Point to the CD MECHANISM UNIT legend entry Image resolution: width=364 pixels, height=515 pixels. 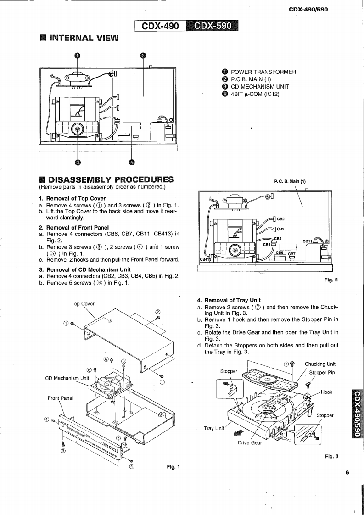pos(260,87)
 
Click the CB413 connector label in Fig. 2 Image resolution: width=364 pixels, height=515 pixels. pos(205,259)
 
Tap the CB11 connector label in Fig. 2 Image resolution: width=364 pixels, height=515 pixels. pos(307,241)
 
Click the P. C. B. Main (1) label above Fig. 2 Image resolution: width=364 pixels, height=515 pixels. pos(290,181)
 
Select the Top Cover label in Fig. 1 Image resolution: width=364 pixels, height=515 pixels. pos(83,304)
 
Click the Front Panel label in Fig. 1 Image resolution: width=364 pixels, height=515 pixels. pos(61,398)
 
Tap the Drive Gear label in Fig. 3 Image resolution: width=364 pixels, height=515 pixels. pos(250,443)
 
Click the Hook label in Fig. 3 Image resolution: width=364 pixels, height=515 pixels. pos(326,392)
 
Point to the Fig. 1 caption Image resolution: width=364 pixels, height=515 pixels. pos(173,467)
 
